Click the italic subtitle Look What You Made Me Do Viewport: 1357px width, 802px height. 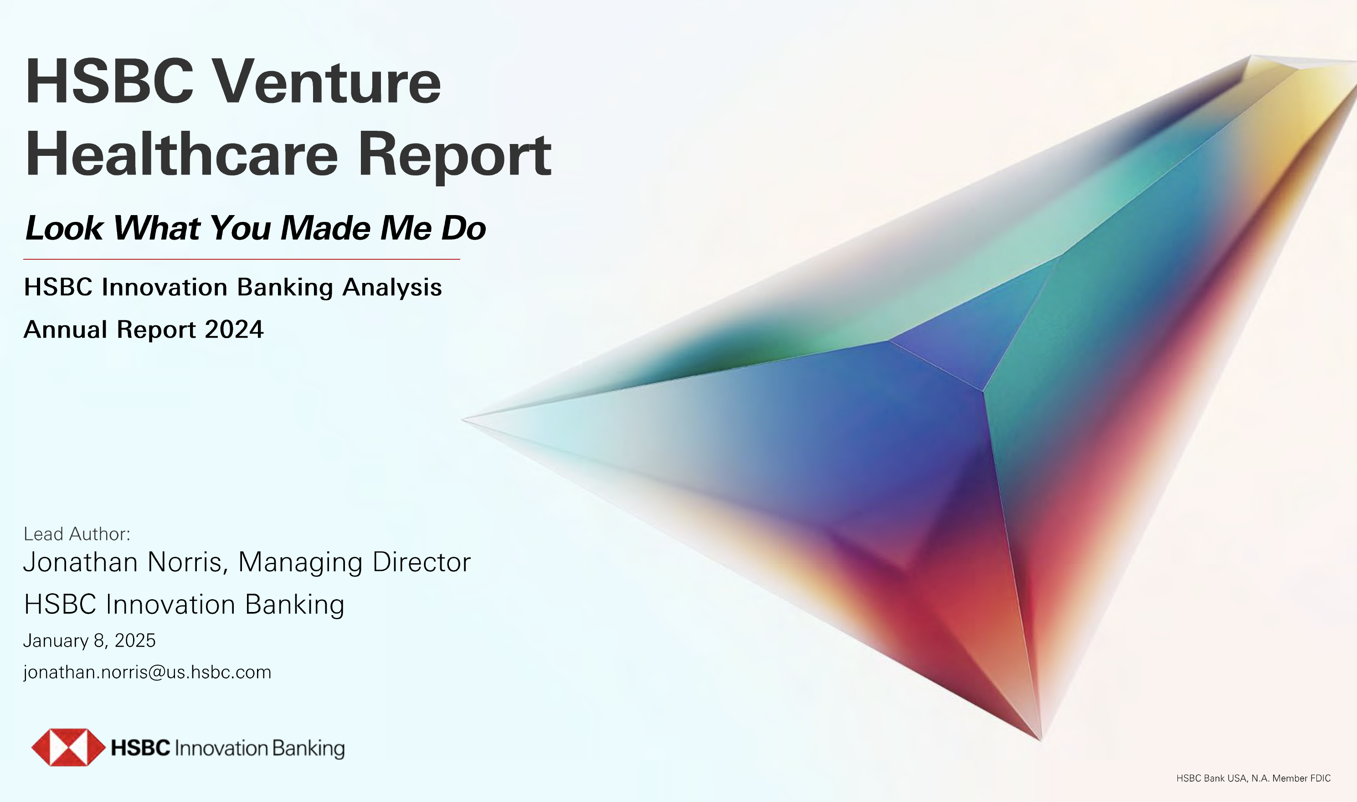point(256,228)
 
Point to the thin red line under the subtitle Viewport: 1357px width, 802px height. point(242,259)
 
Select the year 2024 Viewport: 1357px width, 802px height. point(235,329)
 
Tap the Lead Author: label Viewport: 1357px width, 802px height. point(77,534)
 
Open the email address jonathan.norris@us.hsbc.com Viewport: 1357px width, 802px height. point(147,672)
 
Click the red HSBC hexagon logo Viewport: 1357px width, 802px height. point(68,747)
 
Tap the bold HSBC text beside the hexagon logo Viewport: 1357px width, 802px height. point(140,748)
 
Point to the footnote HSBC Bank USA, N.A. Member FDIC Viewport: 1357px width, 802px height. point(1253,778)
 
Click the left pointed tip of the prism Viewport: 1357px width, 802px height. point(462,419)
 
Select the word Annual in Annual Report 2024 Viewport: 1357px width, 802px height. point(66,329)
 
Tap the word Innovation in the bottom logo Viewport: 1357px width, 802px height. point(221,749)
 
